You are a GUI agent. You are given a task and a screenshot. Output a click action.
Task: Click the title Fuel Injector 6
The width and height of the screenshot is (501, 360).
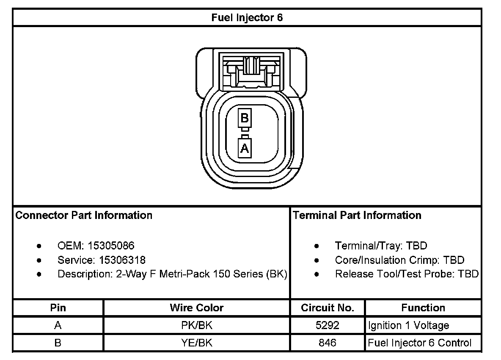(x=247, y=18)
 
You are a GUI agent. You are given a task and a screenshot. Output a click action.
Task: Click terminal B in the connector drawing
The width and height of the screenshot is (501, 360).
(x=245, y=118)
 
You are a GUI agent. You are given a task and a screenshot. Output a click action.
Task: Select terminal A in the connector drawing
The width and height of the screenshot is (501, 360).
(x=245, y=148)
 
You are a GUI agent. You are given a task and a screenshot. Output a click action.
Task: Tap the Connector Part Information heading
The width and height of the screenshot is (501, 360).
(x=84, y=215)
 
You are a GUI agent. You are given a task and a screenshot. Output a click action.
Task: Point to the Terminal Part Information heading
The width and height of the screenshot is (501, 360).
(x=357, y=215)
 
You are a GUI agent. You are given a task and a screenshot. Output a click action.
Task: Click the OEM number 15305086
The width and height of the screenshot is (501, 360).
(x=111, y=246)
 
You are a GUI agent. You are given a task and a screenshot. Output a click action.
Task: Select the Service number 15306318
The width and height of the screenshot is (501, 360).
(x=122, y=260)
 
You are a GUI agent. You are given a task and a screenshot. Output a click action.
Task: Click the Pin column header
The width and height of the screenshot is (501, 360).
(x=58, y=308)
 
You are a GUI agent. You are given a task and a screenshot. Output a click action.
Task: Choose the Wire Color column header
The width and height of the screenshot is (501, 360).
(x=196, y=308)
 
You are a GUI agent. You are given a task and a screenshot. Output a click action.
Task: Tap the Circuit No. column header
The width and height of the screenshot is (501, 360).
(x=328, y=308)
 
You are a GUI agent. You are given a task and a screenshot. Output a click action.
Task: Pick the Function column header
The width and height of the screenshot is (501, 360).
(x=423, y=308)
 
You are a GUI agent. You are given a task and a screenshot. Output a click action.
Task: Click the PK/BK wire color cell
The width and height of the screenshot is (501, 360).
(x=196, y=326)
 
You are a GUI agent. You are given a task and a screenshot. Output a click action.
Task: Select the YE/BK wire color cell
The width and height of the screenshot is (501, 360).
(x=196, y=343)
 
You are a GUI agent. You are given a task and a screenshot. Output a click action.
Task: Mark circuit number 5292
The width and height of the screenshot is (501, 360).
(x=328, y=326)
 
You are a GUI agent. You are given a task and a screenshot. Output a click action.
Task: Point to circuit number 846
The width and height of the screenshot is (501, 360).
(x=328, y=343)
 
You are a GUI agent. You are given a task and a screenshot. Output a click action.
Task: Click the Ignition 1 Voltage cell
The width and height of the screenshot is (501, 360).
(x=408, y=326)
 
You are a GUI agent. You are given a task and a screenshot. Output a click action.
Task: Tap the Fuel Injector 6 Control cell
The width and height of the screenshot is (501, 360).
(x=419, y=343)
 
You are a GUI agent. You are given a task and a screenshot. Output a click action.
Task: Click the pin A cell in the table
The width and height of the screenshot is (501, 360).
(x=58, y=326)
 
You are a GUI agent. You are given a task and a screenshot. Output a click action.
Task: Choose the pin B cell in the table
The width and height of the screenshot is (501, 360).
(x=58, y=343)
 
